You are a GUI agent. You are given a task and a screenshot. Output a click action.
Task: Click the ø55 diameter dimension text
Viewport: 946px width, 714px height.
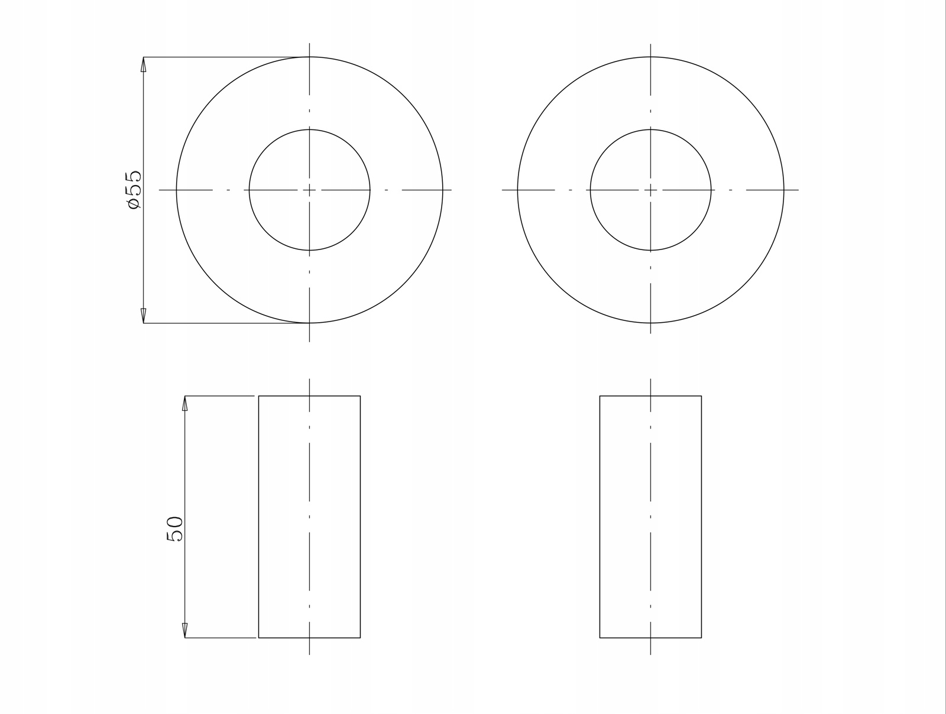tap(133, 190)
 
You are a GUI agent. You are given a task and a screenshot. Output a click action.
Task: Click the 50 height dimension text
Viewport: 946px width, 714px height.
tap(174, 528)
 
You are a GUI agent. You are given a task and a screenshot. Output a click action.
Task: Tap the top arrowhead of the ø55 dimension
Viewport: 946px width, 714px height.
tap(144, 64)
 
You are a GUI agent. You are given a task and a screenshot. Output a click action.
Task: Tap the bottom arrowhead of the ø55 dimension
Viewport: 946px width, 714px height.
tap(144, 316)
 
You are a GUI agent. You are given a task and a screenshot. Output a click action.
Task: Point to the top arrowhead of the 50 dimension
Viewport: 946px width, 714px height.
tap(185, 404)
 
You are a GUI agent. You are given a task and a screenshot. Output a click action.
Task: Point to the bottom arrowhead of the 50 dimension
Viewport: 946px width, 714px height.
tap(185, 630)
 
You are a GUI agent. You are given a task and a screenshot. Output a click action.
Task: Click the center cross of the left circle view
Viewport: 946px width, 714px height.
tap(309, 190)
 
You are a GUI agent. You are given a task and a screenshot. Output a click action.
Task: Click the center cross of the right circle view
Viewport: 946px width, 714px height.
tap(651, 190)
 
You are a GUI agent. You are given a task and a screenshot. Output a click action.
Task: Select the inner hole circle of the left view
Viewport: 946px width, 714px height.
tap(309, 129)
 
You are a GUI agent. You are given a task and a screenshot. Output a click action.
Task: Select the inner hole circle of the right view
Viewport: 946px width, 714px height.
tap(651, 129)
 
